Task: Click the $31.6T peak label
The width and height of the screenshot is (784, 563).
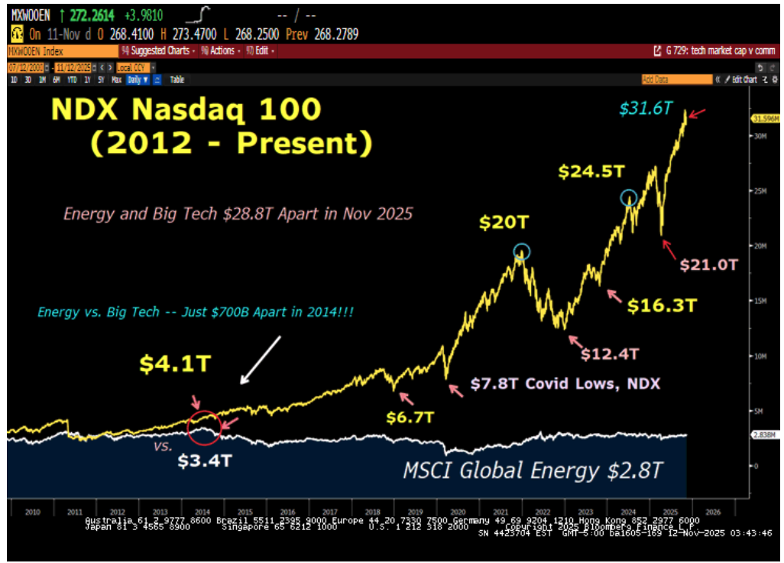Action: tap(646, 109)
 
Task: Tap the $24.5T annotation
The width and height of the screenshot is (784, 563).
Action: tap(587, 171)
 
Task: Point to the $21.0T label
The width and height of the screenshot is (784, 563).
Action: tap(710, 265)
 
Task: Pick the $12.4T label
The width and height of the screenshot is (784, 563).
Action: tap(609, 353)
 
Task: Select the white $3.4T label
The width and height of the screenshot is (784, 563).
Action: tap(204, 461)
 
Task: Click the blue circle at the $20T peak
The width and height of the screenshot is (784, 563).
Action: tap(521, 252)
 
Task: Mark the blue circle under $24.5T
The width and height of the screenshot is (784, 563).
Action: tap(628, 197)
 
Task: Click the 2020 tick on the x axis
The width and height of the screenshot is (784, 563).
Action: tap(459, 513)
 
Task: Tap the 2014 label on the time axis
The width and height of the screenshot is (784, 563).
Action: tap(202, 513)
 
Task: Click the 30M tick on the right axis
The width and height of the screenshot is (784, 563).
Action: tap(758, 136)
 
